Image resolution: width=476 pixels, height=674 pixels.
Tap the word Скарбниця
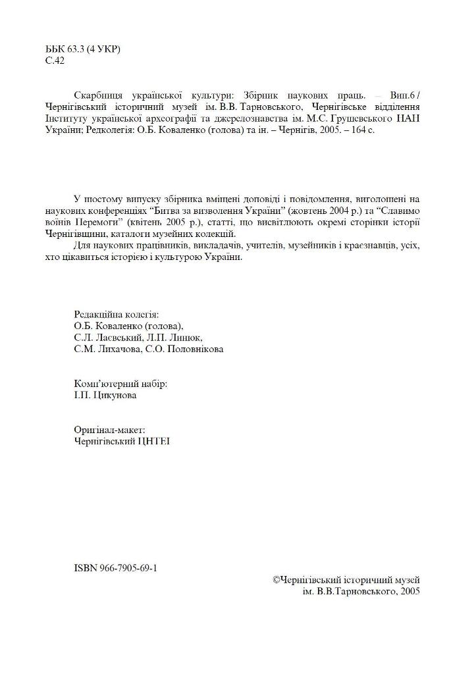[x=101, y=94]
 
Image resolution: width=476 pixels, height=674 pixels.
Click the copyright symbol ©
[x=277, y=579]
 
